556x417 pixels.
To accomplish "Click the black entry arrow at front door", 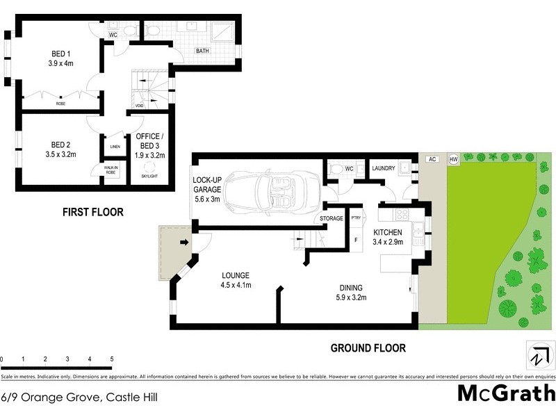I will pyautogui.click(x=184, y=243).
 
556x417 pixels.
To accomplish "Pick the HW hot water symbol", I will pyautogui.click(x=454, y=159).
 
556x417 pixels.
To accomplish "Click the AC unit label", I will pyautogui.click(x=432, y=159).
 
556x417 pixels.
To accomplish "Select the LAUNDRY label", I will pyautogui.click(x=384, y=168).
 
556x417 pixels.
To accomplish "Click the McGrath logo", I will pyautogui.click(x=505, y=393).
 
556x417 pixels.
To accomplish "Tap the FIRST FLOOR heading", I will pyautogui.click(x=92, y=212).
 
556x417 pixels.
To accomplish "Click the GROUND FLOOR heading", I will pyautogui.click(x=368, y=348).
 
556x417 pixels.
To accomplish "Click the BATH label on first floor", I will pyautogui.click(x=202, y=51).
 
